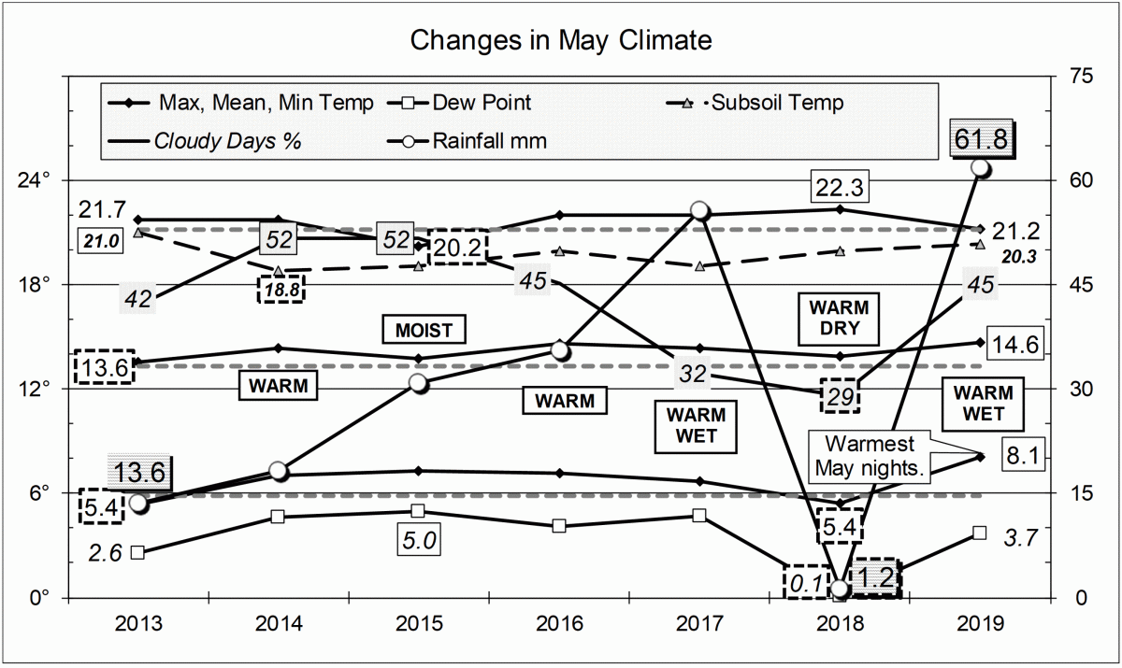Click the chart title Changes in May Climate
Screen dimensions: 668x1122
click(561, 41)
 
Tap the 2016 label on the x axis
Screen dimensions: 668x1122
click(558, 623)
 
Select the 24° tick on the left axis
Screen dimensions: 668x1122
click(40, 180)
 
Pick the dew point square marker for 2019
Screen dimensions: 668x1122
click(979, 533)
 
